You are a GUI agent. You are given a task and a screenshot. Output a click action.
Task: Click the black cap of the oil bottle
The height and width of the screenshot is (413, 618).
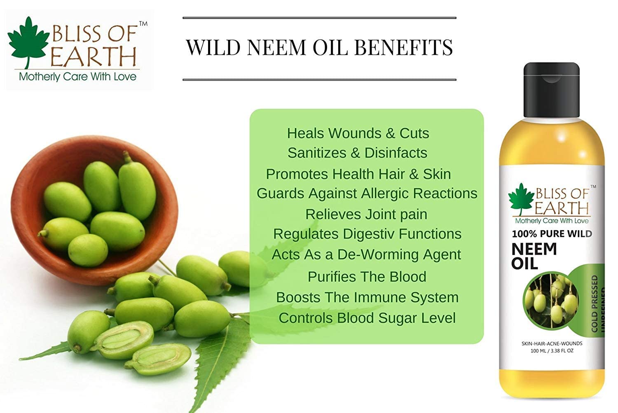pyautogui.click(x=552, y=90)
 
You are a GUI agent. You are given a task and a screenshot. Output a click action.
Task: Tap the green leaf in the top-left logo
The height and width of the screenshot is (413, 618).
pyautogui.click(x=28, y=41)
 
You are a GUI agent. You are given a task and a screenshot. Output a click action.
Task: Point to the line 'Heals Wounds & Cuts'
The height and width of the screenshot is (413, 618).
pyautogui.click(x=358, y=133)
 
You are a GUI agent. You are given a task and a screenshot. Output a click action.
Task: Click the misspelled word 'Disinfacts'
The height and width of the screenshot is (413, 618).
pyautogui.click(x=396, y=153)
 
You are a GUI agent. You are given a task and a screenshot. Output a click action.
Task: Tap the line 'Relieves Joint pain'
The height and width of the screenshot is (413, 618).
pyautogui.click(x=366, y=215)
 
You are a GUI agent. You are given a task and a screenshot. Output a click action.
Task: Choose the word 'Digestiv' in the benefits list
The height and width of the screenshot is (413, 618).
pyautogui.click(x=369, y=234)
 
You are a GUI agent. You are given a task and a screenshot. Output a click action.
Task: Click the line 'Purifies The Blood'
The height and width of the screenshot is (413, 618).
pyautogui.click(x=367, y=277)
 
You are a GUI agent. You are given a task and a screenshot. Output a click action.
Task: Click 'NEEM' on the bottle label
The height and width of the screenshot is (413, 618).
pyautogui.click(x=534, y=249)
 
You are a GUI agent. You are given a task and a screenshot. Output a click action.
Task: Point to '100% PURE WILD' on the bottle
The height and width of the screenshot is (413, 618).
pyautogui.click(x=552, y=234)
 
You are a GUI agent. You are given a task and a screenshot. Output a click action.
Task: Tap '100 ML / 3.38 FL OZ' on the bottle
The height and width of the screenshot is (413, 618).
pyautogui.click(x=552, y=351)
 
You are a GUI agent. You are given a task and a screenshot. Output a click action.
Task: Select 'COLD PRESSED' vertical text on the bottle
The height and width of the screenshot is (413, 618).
pyautogui.click(x=595, y=304)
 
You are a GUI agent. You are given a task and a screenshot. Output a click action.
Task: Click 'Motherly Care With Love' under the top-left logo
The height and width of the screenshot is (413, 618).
pyautogui.click(x=78, y=77)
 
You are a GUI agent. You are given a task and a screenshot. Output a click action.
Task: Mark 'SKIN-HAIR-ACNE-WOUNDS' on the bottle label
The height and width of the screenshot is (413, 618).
pyautogui.click(x=552, y=343)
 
